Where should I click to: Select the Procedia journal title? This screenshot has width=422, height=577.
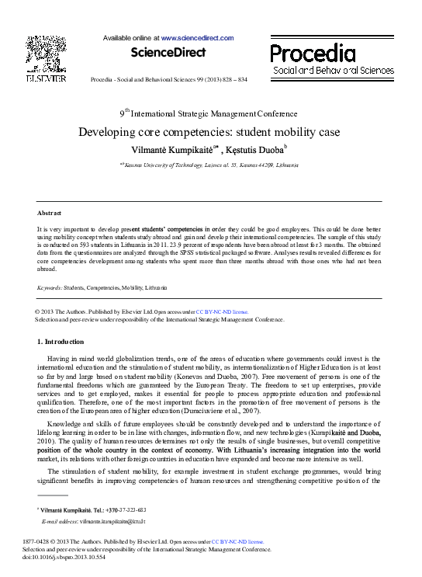313,53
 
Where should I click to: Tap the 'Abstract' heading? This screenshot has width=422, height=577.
50,212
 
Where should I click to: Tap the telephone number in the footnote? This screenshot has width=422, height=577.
125,509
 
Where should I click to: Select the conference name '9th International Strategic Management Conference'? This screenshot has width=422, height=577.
209,113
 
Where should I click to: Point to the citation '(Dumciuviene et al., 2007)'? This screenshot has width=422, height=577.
220,410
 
